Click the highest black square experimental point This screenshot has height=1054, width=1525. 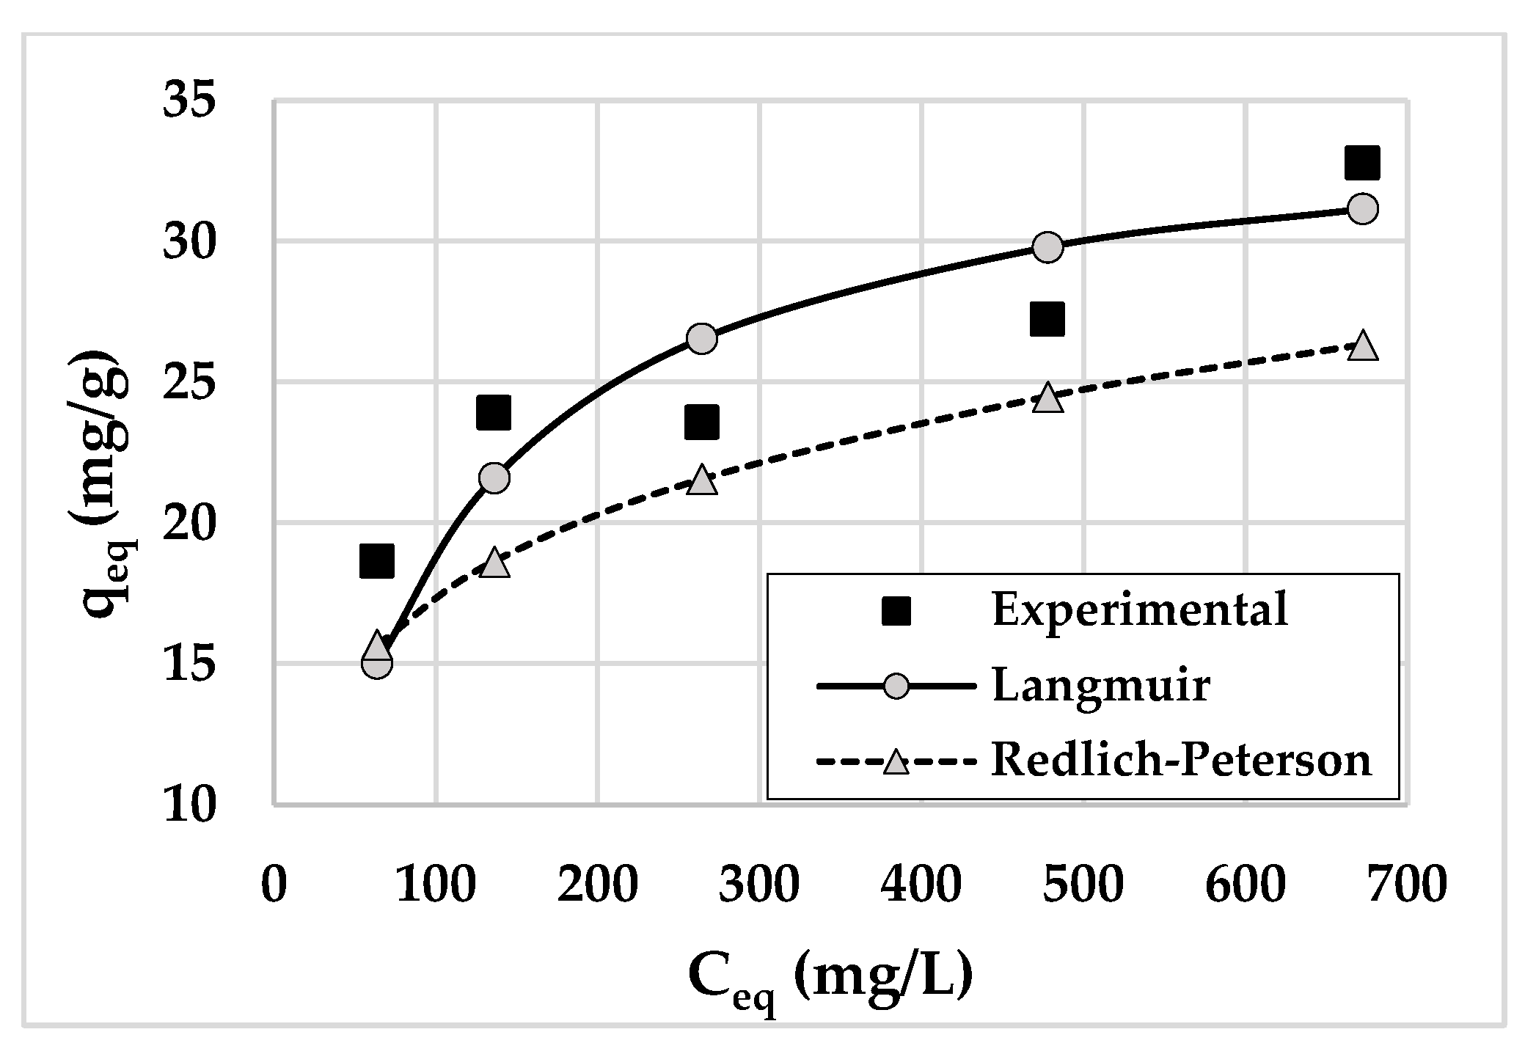coord(1362,162)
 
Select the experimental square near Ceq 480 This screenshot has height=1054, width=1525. coord(1047,319)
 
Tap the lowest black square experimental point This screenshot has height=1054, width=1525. coord(376,562)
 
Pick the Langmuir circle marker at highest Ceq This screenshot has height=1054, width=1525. coord(1362,209)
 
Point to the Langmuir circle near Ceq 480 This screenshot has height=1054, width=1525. coord(1047,247)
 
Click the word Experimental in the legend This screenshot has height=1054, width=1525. coord(1140,609)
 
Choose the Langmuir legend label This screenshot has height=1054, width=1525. coord(1100,687)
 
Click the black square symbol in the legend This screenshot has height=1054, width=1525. coord(896,610)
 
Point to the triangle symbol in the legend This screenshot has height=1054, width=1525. coord(896,762)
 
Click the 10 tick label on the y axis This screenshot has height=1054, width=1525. coord(190,805)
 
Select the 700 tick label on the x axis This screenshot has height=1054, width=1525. coord(1406,885)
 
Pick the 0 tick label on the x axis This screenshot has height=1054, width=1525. coord(274,885)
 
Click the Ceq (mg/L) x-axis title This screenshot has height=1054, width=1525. coord(830,980)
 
